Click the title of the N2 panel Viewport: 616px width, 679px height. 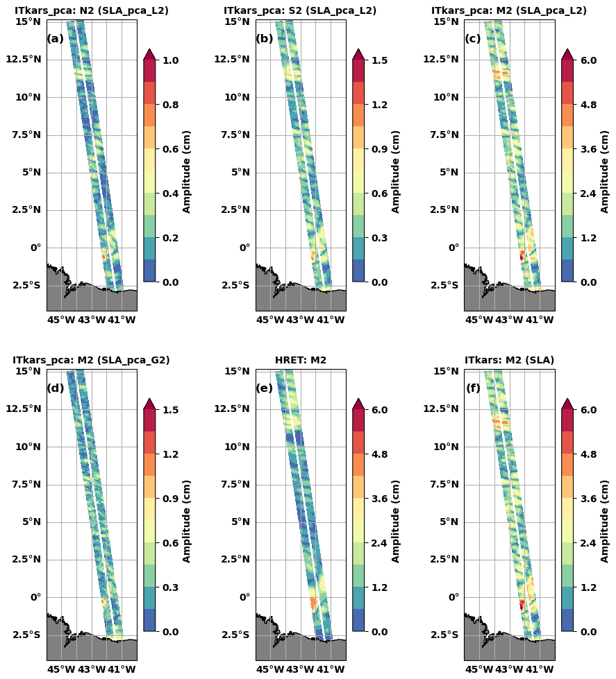pos(92,11)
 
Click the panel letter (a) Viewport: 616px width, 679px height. pos(56,39)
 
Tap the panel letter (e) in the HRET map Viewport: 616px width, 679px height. pos(265,388)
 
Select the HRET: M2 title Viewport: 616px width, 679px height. pos(301,361)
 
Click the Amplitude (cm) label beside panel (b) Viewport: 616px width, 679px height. pos(396,171)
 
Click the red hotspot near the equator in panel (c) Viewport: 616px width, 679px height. pos(522,255)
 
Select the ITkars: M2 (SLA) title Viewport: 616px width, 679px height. pos(509,361)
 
